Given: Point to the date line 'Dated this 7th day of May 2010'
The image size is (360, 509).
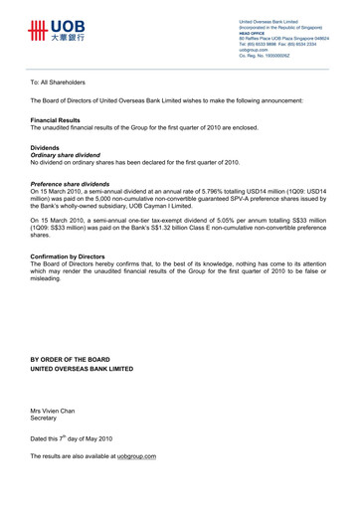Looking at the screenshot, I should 72,437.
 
